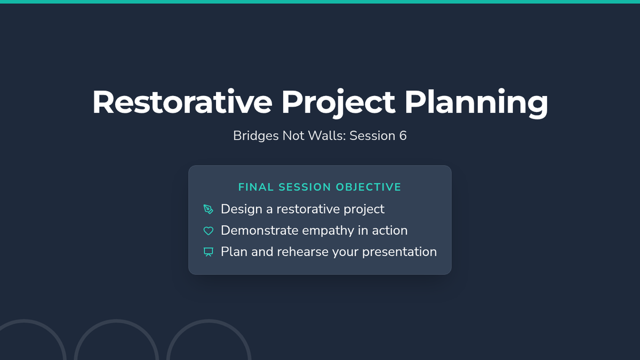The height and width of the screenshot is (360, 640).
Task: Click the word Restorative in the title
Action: point(182,102)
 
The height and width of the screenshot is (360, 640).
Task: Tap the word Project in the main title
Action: point(338,103)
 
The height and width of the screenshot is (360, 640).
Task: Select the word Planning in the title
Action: point(476,103)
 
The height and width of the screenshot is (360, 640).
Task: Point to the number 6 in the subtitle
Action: point(403,135)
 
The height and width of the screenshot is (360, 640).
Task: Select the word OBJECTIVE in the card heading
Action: point(369,187)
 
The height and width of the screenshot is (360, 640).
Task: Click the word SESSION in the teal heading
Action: point(305,187)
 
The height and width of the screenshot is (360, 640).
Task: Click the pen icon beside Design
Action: point(209,209)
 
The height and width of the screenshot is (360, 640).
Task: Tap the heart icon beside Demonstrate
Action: point(209,231)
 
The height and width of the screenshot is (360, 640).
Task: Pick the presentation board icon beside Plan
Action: point(209,252)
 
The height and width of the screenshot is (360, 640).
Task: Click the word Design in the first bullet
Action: point(242,210)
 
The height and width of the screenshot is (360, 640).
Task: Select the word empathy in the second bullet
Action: point(328,231)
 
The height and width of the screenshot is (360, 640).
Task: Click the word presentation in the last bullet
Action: point(399,252)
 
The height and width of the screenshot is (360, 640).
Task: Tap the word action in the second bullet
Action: point(390,230)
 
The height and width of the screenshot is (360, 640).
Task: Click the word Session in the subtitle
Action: point(372,135)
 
